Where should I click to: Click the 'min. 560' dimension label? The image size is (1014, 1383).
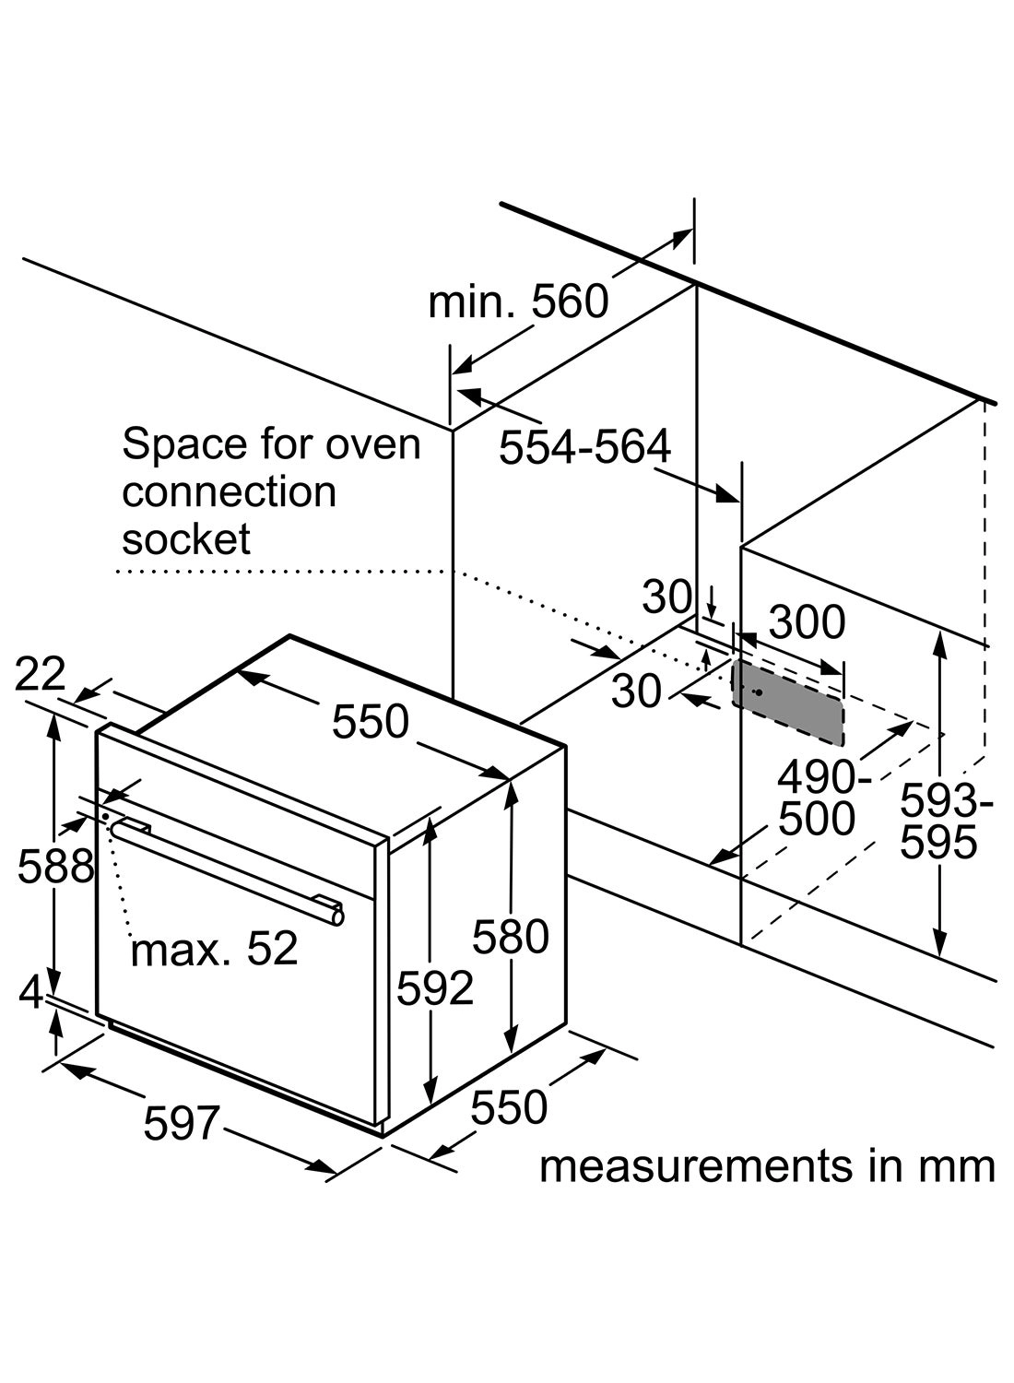coord(518,301)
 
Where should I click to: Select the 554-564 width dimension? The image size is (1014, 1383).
coord(584,447)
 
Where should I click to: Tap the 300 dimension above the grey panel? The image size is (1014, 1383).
coord(807,622)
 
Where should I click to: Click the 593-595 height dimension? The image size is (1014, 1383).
coord(946,821)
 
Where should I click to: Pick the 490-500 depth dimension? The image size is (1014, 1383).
coord(816,798)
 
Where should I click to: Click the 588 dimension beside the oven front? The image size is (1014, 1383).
coord(55,866)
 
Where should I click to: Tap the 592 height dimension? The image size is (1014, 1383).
coord(435,988)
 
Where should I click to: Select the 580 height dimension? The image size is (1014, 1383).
coord(511,937)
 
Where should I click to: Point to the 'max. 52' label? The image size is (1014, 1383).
coord(214,949)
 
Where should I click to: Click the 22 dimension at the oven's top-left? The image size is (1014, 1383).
coord(41,674)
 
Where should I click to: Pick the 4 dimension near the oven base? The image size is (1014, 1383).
coord(31,992)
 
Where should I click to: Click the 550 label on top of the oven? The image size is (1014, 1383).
coord(370,721)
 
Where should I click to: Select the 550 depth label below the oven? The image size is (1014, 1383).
coord(509,1107)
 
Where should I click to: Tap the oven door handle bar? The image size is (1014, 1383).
coord(226,868)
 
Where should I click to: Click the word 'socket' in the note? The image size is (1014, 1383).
coord(185,539)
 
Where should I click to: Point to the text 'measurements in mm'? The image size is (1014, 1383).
coord(767,1165)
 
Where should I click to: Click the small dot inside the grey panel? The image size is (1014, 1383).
coord(758,692)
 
